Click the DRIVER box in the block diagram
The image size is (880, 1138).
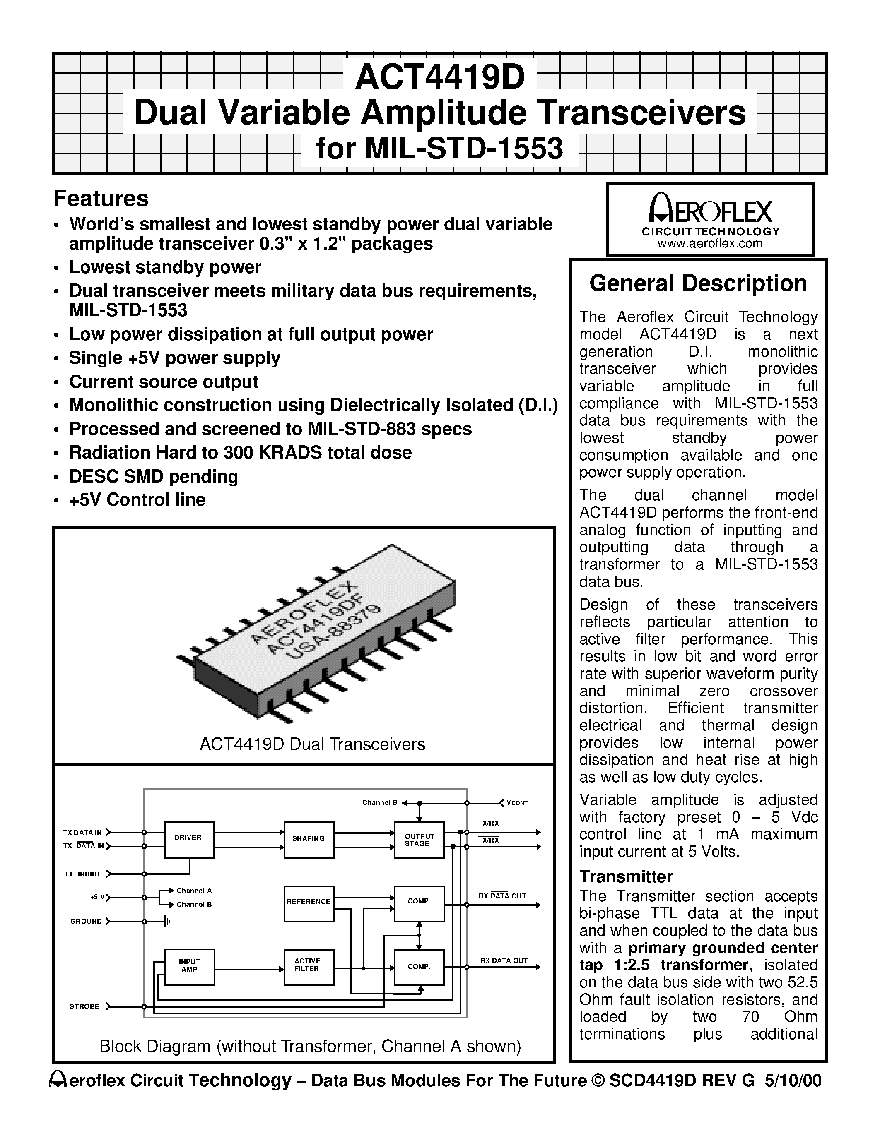[x=189, y=840]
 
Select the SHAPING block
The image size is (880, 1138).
[x=309, y=840]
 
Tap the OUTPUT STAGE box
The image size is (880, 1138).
[x=419, y=840]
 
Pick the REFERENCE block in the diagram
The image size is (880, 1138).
[x=309, y=903]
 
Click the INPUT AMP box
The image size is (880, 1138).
[x=189, y=967]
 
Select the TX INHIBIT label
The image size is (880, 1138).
[x=83, y=874]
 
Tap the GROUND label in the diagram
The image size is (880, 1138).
[x=86, y=921]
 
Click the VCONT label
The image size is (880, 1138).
[x=517, y=803]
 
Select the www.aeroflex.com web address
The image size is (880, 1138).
[x=710, y=243]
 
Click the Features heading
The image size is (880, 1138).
[x=101, y=199]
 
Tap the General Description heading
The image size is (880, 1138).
[x=698, y=284]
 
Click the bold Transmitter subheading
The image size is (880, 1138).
[x=626, y=876]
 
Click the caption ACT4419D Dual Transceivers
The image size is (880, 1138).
[x=312, y=744]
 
